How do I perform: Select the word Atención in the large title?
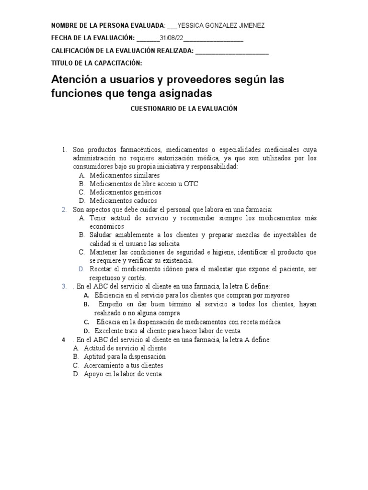[x=79, y=79]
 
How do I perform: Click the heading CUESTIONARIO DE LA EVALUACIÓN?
[x=184, y=109]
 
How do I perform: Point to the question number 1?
[x=64, y=150]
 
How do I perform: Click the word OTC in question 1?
[x=190, y=184]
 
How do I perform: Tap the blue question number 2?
[x=64, y=210]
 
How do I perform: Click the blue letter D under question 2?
[x=82, y=269]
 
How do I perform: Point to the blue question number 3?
[x=64, y=286]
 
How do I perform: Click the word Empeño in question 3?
[x=111, y=304]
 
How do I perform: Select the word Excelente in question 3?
[x=108, y=330]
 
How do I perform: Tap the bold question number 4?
[x=64, y=339]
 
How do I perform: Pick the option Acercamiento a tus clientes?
[x=123, y=365]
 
